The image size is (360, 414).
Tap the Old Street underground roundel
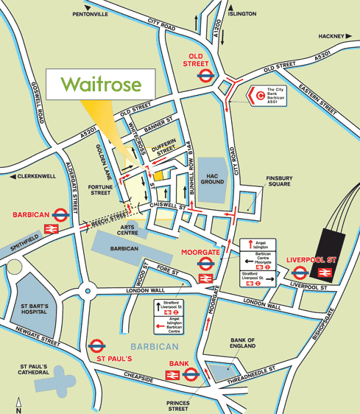tap(205, 74)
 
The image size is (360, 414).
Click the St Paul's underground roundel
tap(96, 345)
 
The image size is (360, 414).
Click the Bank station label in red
tap(180, 363)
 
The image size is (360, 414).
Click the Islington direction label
tap(241, 13)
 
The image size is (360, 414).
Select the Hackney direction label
tap(331, 35)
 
